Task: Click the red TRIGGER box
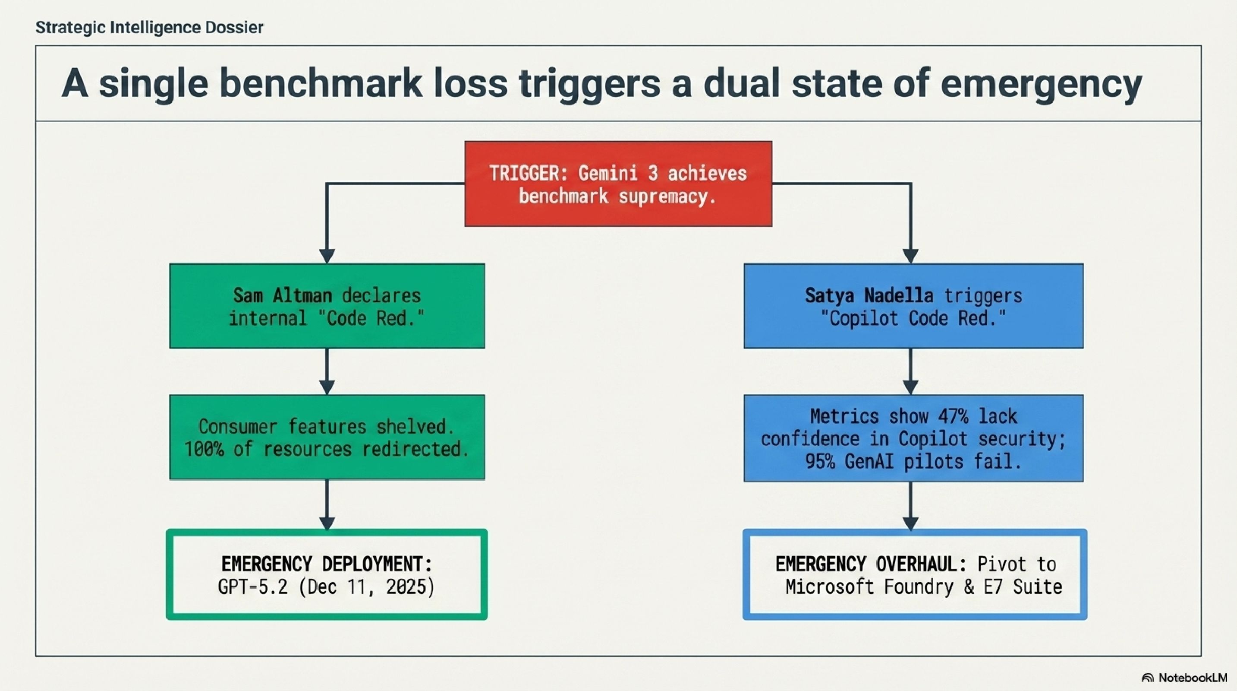tap(618, 184)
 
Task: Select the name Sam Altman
tap(282, 295)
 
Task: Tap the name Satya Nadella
tap(869, 295)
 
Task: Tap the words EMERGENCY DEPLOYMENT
tap(327, 564)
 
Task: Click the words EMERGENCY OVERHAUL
tap(871, 564)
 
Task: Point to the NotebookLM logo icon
tap(1148, 678)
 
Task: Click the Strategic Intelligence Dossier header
tap(149, 27)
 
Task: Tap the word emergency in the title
tap(1041, 84)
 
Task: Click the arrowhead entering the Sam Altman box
tap(327, 256)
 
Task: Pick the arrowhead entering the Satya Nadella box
tap(910, 256)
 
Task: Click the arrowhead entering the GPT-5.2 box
tap(327, 523)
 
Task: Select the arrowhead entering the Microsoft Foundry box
tap(910, 523)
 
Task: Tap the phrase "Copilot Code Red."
tap(913, 319)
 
